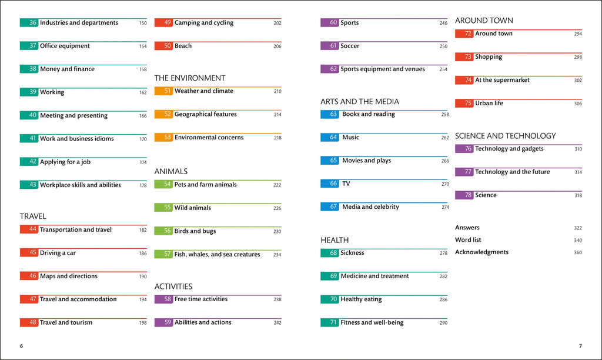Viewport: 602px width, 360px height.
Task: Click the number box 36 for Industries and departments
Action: [29, 23]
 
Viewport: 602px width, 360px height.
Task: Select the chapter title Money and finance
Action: [67, 69]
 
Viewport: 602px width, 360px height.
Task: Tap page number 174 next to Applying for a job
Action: [143, 162]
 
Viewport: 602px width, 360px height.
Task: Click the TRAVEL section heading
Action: [33, 216]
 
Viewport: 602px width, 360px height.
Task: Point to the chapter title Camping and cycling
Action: [203, 23]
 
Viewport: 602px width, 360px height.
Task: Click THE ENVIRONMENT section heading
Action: [189, 78]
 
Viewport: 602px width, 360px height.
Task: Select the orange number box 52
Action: [163, 115]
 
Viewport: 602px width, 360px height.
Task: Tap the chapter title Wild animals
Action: [192, 208]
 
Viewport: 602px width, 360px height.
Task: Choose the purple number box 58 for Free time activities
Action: [163, 299]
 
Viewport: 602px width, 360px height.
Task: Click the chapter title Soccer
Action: [350, 46]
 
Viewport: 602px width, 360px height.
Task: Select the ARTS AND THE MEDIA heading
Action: [359, 102]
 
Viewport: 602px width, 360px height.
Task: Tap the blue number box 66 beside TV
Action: [329, 184]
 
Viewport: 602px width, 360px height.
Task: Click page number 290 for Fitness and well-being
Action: [443, 323]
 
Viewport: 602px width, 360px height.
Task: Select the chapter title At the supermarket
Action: [502, 81]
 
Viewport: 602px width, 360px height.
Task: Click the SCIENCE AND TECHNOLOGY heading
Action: [505, 136]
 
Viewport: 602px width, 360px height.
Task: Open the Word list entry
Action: [467, 240]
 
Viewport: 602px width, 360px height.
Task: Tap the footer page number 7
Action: [580, 346]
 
